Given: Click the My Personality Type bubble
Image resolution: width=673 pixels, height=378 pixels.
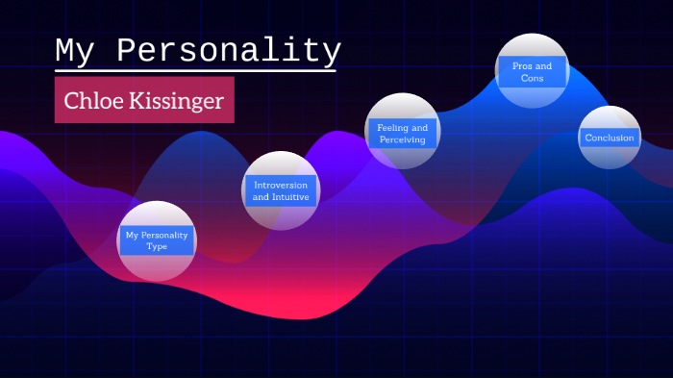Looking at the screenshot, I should pyautogui.click(x=157, y=241).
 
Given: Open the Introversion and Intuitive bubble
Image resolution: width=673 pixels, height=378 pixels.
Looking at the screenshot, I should pyautogui.click(x=281, y=190).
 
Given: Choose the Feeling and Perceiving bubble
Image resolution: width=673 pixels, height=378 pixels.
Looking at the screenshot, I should pyautogui.click(x=403, y=131).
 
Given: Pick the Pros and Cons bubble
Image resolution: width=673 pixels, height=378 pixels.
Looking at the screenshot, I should pyautogui.click(x=532, y=70).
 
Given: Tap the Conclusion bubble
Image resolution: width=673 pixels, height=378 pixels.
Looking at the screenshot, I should pyautogui.click(x=610, y=138).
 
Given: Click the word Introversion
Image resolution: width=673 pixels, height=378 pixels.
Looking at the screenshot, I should pyautogui.click(x=281, y=184).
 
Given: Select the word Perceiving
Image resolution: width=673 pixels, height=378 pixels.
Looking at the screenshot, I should pyautogui.click(x=403, y=140).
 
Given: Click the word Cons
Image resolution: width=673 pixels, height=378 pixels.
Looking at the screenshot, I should pyautogui.click(x=532, y=78).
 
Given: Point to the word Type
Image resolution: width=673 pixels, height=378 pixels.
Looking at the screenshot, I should pyautogui.click(x=157, y=247).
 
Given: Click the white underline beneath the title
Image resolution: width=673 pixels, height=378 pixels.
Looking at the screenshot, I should pyautogui.click(x=195, y=70).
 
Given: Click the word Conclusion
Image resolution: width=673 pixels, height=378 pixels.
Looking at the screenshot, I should pyautogui.click(x=610, y=138).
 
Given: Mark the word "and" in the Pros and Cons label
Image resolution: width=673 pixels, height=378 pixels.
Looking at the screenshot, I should pyautogui.click(x=545, y=65).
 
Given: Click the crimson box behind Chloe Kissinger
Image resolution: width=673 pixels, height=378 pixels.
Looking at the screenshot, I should pyautogui.click(x=221, y=115).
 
